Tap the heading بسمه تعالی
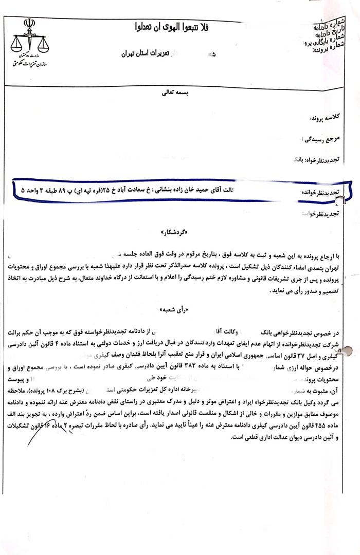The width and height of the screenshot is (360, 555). (179, 94)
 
